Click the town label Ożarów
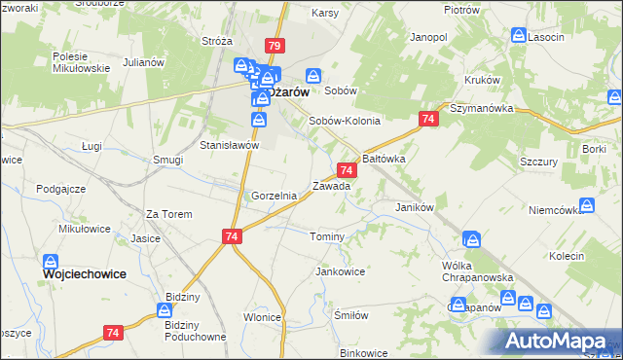[291, 92]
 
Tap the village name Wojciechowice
[85, 274]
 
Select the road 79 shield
[275, 46]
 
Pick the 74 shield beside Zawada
[348, 170]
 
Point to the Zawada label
[331, 185]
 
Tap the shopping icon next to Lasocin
[519, 36]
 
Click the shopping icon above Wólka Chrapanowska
[471, 238]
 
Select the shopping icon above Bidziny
[165, 309]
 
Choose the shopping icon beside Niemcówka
[587, 205]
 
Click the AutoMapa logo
[559, 341]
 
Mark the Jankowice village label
[340, 271]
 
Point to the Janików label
[413, 207]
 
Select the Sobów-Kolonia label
[344, 121]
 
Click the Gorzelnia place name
[274, 196]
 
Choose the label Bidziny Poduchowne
[196, 330]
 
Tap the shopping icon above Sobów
[313, 75]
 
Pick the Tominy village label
[326, 237]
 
